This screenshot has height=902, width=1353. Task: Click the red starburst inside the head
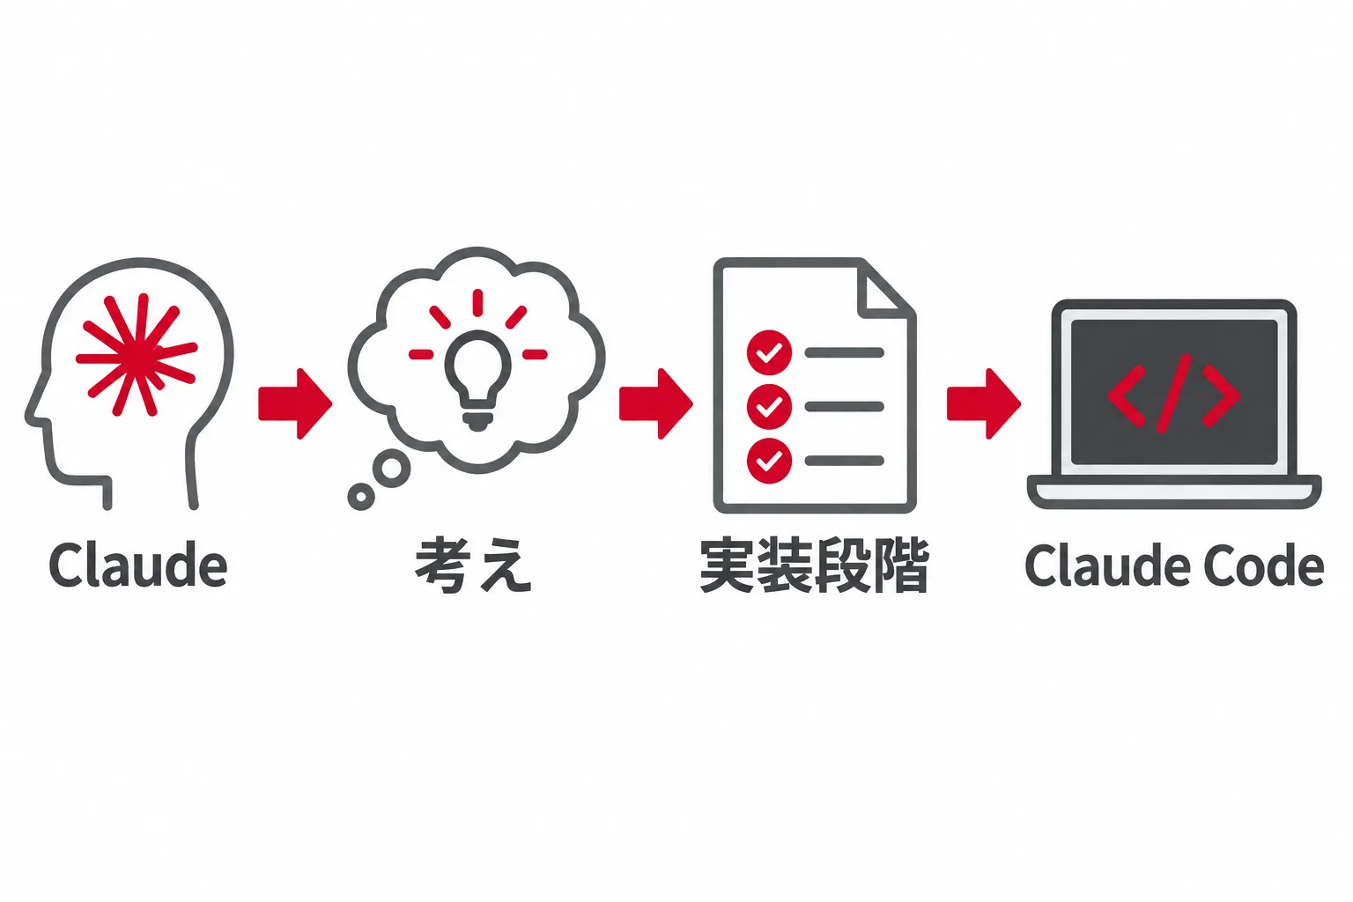137,355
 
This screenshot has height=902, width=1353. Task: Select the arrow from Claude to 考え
295,403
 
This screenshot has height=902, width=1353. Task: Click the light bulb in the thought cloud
477,380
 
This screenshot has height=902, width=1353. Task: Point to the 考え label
473,566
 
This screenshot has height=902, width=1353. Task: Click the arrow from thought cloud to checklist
656,403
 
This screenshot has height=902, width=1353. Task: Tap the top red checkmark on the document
769,353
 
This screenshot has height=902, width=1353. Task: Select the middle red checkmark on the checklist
769,407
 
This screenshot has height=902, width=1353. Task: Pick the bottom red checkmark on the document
769,461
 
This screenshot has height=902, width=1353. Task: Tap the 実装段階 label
814,566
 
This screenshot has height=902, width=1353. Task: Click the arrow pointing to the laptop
984,403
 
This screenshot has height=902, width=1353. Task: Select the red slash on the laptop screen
1174,393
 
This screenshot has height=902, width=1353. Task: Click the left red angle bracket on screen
1127,396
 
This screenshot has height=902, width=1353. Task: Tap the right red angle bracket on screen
1222,396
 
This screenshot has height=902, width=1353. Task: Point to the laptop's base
1174,492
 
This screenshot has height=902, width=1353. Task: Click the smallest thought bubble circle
361,497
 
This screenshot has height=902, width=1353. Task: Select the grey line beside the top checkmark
844,353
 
